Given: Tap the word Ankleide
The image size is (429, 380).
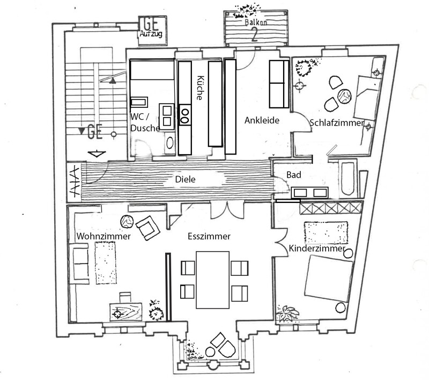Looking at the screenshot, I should pyautogui.click(x=262, y=120).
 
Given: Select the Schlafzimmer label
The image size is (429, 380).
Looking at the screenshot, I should pyautogui.click(x=336, y=123).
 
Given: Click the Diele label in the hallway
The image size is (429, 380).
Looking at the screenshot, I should pyautogui.click(x=185, y=180).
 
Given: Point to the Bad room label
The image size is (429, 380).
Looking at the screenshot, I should pyautogui.click(x=293, y=175).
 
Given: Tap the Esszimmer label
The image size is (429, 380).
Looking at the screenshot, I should pyautogui.click(x=209, y=236).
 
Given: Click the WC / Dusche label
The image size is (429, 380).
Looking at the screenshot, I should pyautogui.click(x=144, y=122).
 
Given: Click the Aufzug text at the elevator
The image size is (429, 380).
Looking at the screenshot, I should pyautogui.click(x=150, y=34).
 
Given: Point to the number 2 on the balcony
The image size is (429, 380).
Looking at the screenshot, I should pyautogui.click(x=254, y=35).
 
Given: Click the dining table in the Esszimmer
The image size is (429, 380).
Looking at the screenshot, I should pyautogui.click(x=213, y=280).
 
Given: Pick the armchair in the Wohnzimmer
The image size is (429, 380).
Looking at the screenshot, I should pyautogui.click(x=148, y=228).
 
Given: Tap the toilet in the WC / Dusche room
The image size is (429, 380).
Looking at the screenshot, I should pyautogui.click(x=170, y=142).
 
